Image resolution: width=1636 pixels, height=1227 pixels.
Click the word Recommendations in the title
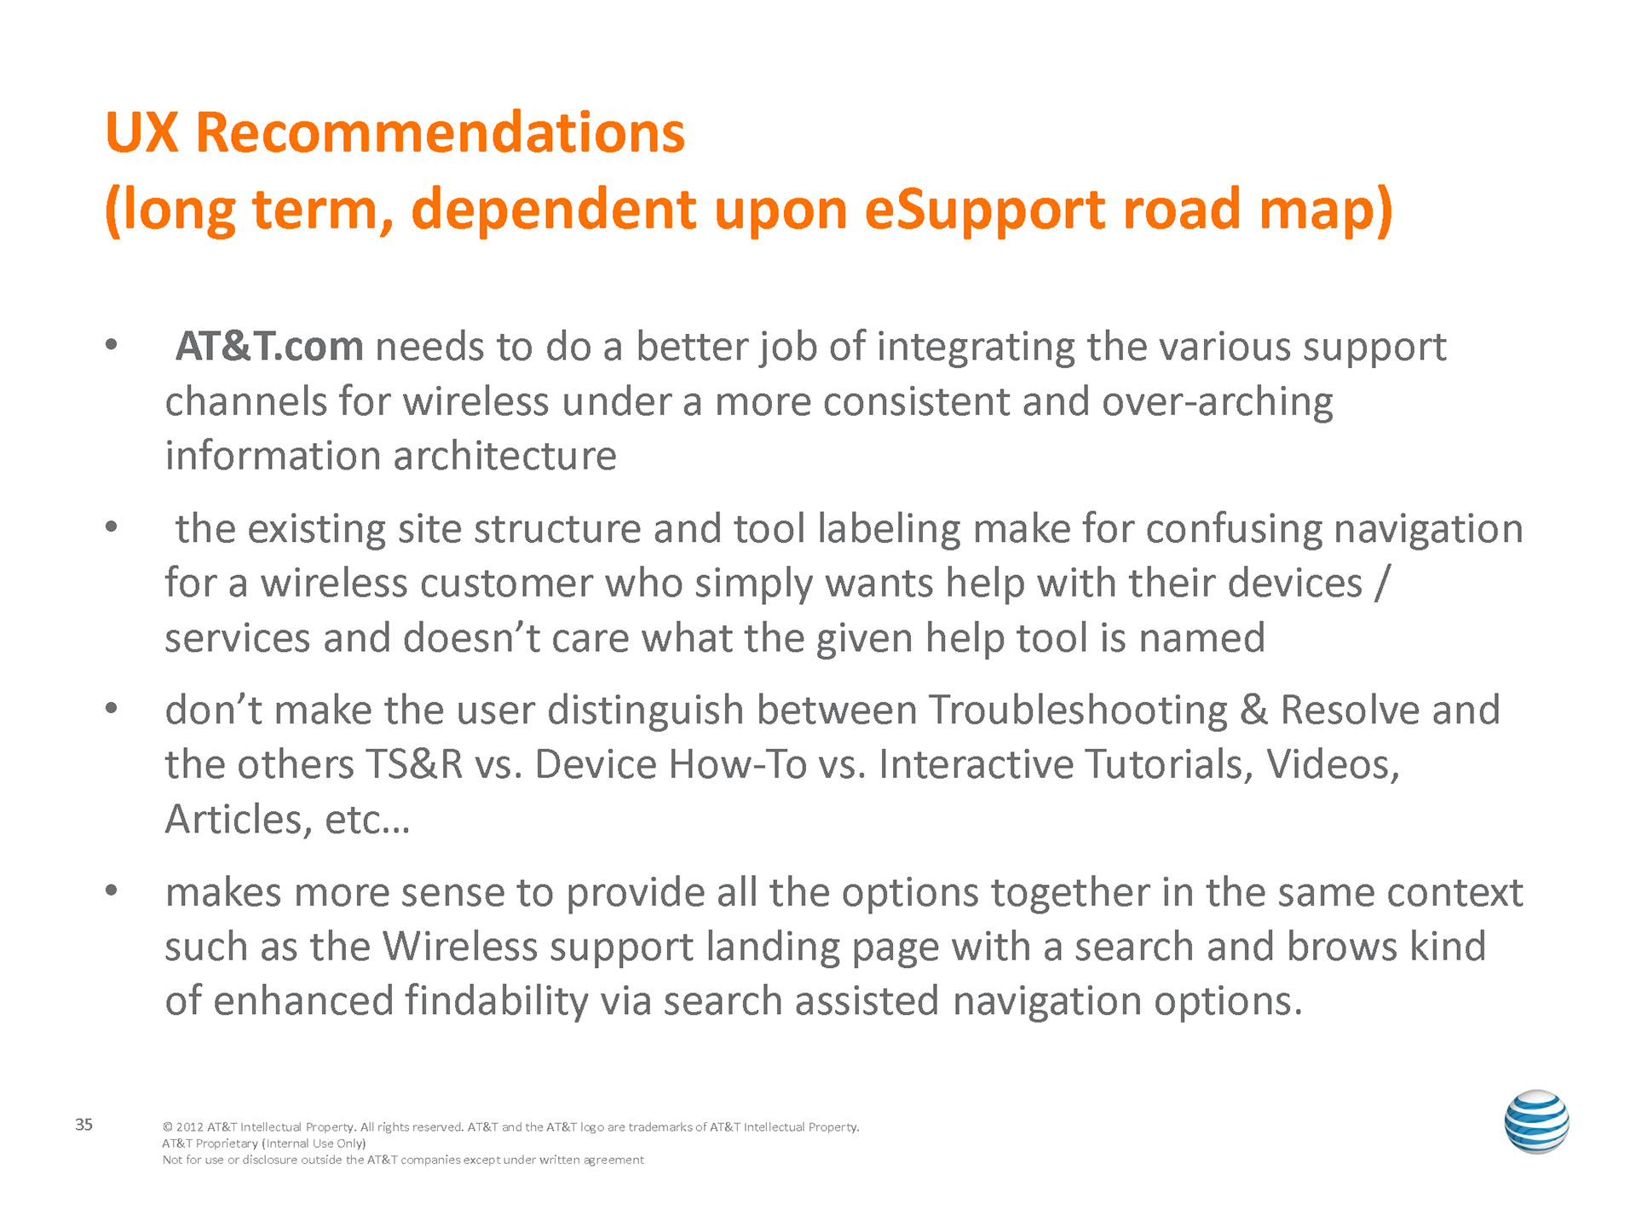440,133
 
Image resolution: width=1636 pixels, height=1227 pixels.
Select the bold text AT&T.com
269,346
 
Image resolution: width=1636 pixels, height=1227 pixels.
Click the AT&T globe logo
1536,1121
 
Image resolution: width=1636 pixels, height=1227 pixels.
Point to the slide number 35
84,1125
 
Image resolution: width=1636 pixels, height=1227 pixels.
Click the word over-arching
1218,402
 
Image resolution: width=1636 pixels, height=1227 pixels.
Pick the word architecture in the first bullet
505,456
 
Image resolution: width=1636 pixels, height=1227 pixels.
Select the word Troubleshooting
1078,711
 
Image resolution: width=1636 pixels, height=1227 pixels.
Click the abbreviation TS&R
414,764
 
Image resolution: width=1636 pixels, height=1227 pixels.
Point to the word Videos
1333,764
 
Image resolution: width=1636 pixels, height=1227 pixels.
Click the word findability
497,1001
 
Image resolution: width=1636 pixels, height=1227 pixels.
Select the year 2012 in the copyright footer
189,1127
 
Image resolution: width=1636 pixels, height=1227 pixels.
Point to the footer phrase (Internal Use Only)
314,1143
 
